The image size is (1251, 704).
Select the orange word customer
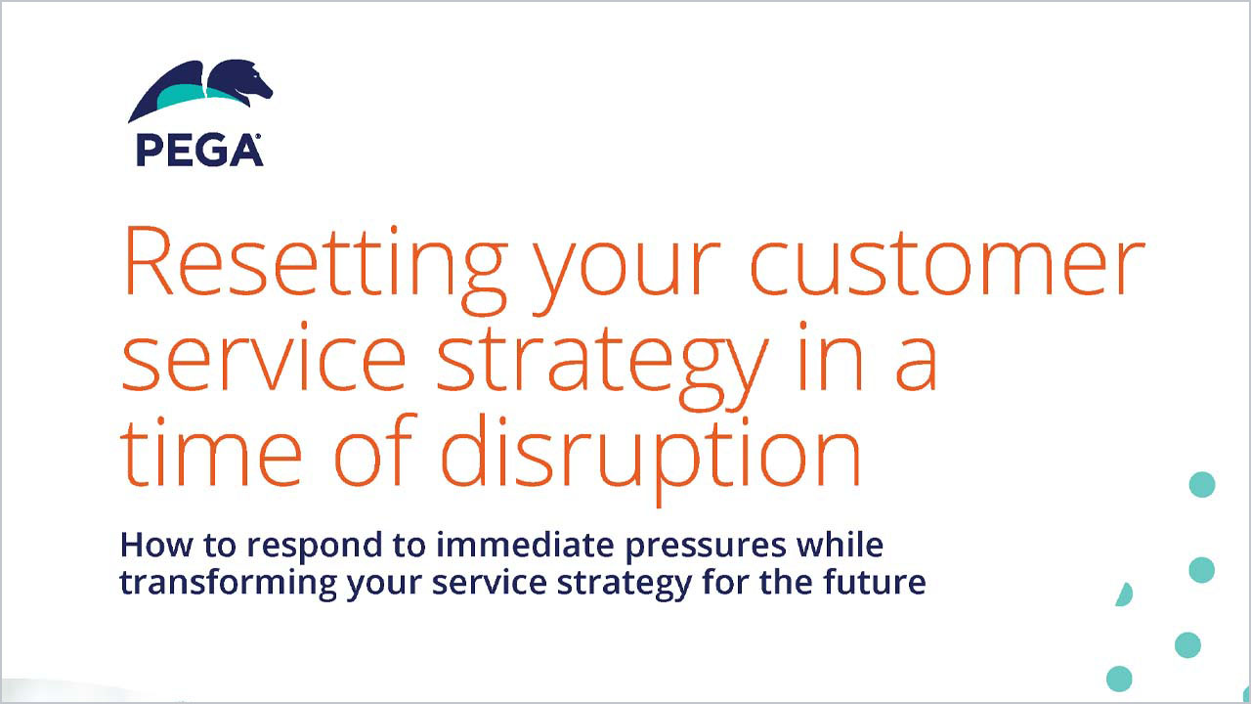[948, 267]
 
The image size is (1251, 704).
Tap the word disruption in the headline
[651, 460]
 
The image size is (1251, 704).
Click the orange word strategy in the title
[603, 363]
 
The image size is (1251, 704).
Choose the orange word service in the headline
[264, 358]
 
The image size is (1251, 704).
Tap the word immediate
[525, 545]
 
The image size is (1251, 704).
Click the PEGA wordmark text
[198, 150]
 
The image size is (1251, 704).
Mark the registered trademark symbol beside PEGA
[258, 136]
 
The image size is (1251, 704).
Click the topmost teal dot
[1202, 484]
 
